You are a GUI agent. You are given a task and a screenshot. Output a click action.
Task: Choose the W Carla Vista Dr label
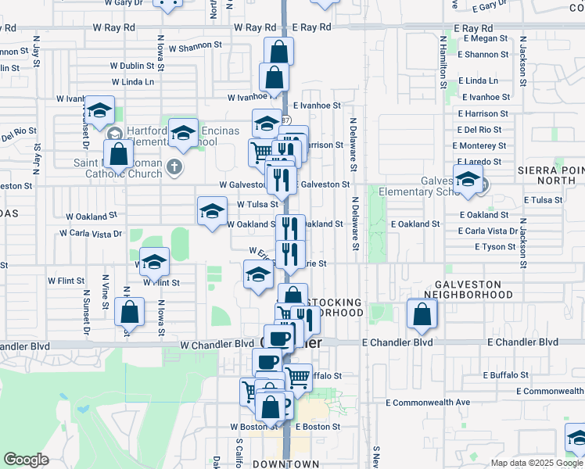(x=92, y=233)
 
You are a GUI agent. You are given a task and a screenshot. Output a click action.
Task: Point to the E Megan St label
(x=486, y=38)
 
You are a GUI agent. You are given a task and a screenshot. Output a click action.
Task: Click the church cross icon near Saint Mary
(x=174, y=166)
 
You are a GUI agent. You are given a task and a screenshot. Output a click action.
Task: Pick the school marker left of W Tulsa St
(x=211, y=210)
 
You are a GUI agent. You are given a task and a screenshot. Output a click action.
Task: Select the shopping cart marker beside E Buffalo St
(x=297, y=377)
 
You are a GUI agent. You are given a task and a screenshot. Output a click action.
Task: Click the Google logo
(x=26, y=460)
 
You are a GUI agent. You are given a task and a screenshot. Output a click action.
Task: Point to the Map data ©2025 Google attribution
(x=536, y=463)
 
